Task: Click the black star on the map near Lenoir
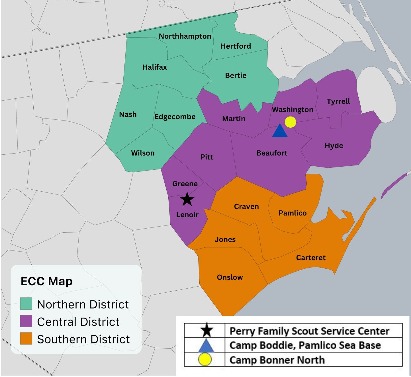tap(187, 199)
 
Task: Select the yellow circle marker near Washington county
tap(290, 122)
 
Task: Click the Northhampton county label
tap(185, 36)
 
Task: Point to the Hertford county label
tap(236, 46)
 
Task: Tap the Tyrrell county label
tap(338, 101)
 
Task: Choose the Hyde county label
tap(334, 146)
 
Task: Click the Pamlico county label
tap(293, 213)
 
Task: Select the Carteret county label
tap(311, 258)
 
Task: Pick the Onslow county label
tap(230, 277)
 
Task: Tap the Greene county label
tap(185, 184)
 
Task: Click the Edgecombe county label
tap(175, 117)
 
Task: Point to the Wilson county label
tap(143, 153)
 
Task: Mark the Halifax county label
tap(155, 67)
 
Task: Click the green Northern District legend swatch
tap(26, 304)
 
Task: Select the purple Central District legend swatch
tap(26, 321)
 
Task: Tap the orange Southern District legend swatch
tap(26, 339)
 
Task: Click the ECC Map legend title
tap(47, 281)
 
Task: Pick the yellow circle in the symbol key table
tap(205, 359)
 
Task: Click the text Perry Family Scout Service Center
tap(309, 331)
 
